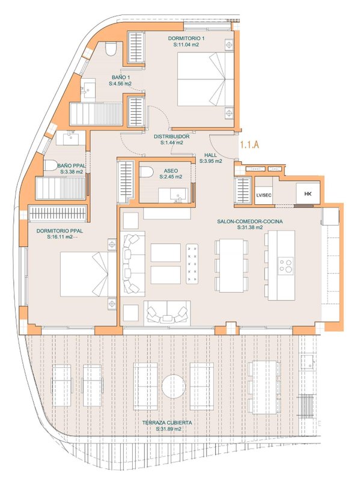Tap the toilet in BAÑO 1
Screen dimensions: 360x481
coord(111,49)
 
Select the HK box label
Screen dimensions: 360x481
coord(308,194)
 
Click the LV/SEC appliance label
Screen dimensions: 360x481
coord(264,195)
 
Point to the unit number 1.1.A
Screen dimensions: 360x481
coord(249,144)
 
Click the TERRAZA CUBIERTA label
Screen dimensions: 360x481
coord(167,423)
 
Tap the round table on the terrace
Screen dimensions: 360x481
coord(174,386)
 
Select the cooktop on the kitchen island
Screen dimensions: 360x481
coord(285,266)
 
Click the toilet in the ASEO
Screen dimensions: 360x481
coord(147,172)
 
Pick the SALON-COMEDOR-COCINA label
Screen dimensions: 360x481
coord(250,221)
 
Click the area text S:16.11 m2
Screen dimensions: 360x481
coord(59,237)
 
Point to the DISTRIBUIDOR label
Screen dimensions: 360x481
coord(171,136)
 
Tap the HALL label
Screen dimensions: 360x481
coord(211,155)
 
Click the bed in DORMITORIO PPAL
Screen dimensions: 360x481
coord(88,274)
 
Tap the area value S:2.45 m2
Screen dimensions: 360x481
coord(171,177)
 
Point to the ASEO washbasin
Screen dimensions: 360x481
coord(173,195)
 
